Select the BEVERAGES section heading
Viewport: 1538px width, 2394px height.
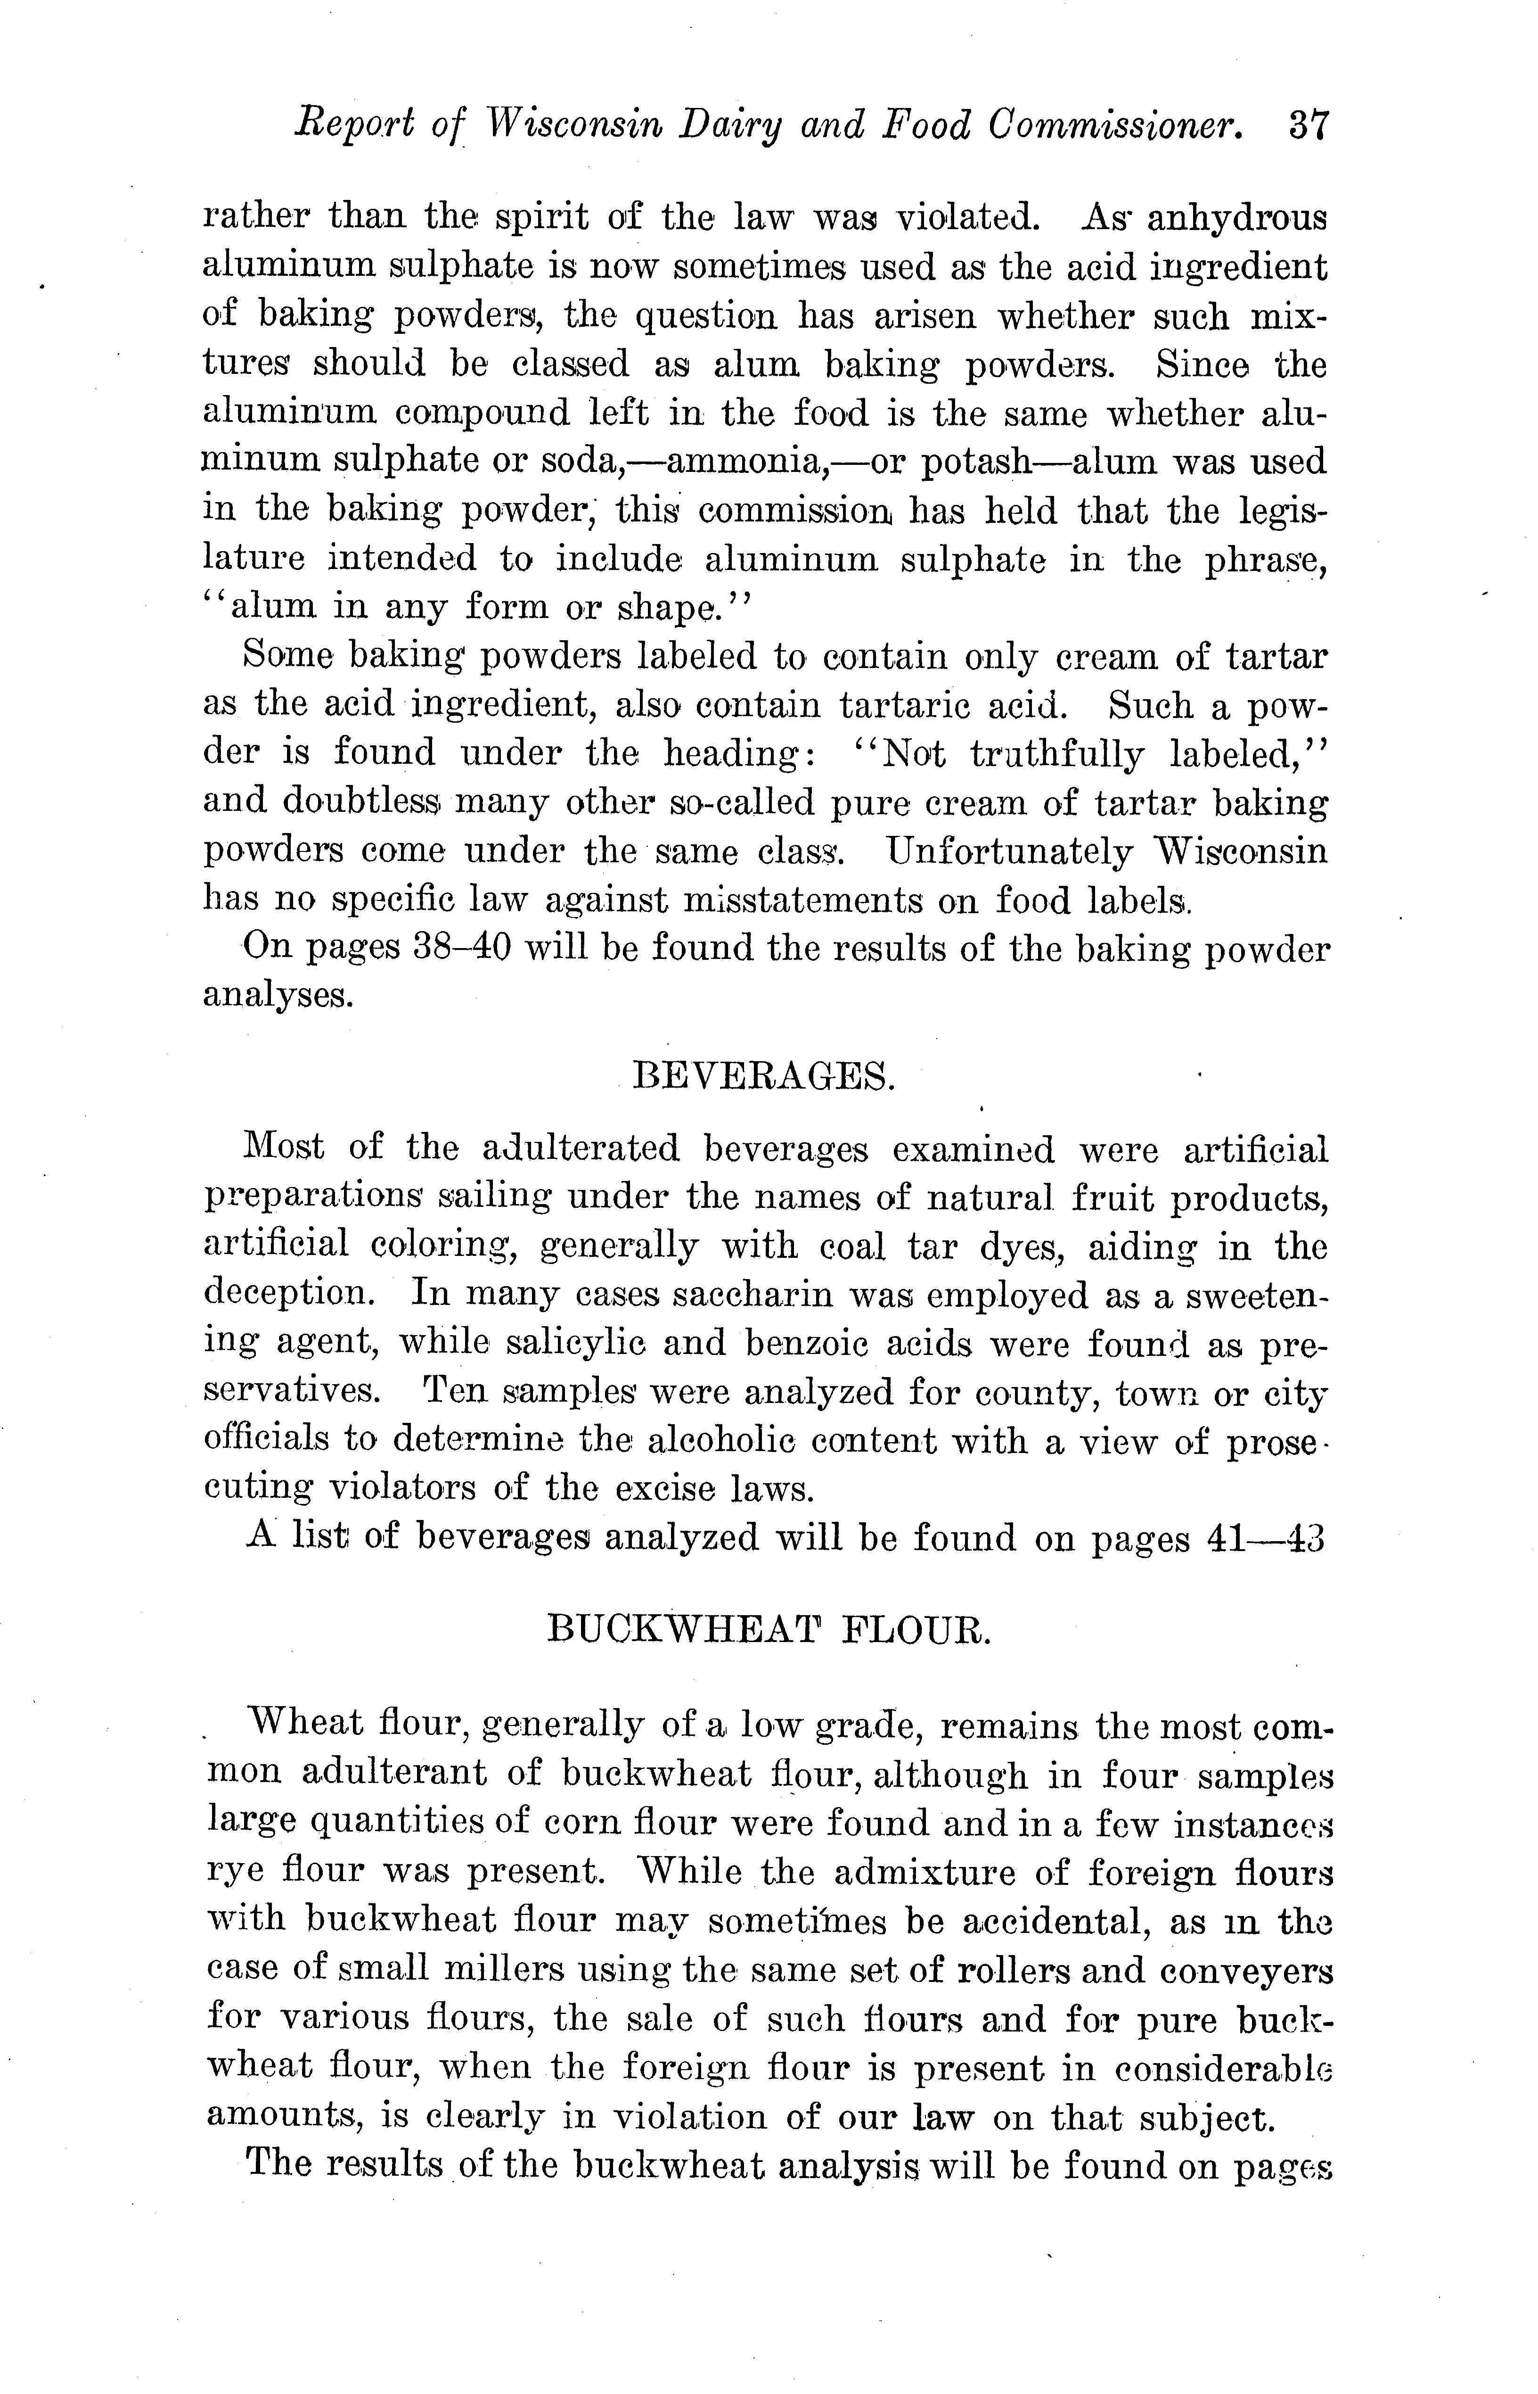pos(764,1077)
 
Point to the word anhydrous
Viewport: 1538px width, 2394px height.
pos(1237,218)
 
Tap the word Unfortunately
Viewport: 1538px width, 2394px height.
pos(1009,851)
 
